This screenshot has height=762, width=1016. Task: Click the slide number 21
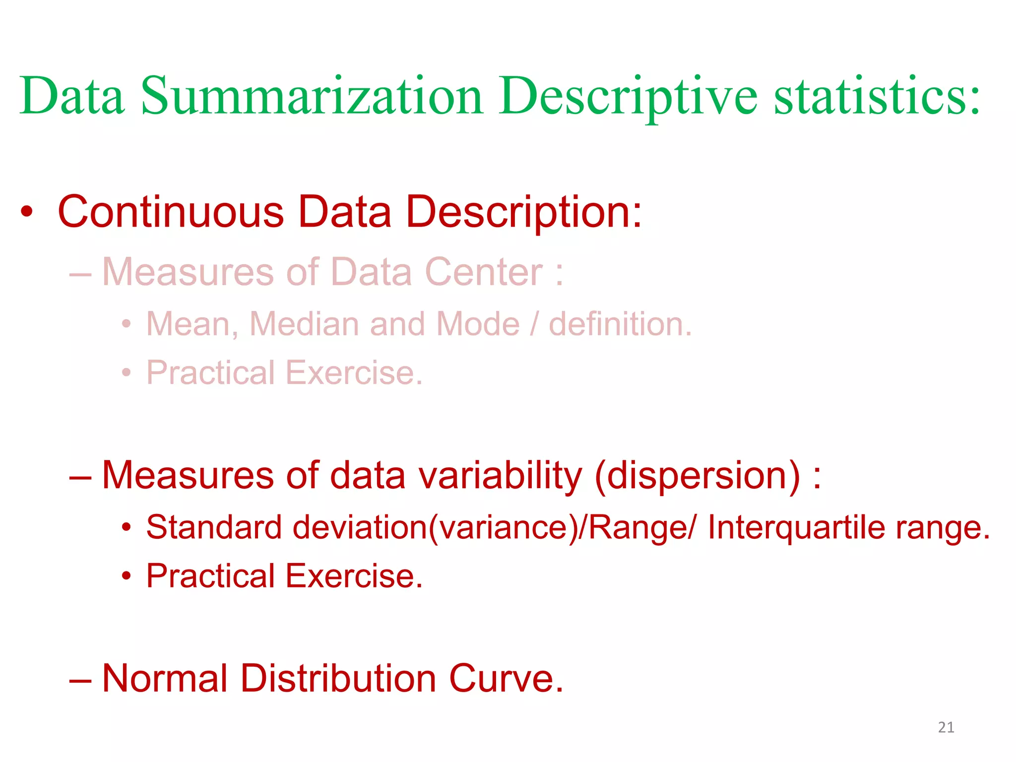(946, 727)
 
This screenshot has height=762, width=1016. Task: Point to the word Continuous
(171, 212)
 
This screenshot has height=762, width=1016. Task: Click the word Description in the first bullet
(523, 212)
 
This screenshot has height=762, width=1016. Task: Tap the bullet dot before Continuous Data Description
(27, 212)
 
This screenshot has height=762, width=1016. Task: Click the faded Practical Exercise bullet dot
(127, 373)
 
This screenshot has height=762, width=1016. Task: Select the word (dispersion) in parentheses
(697, 475)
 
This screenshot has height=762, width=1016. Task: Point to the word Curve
(506, 678)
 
